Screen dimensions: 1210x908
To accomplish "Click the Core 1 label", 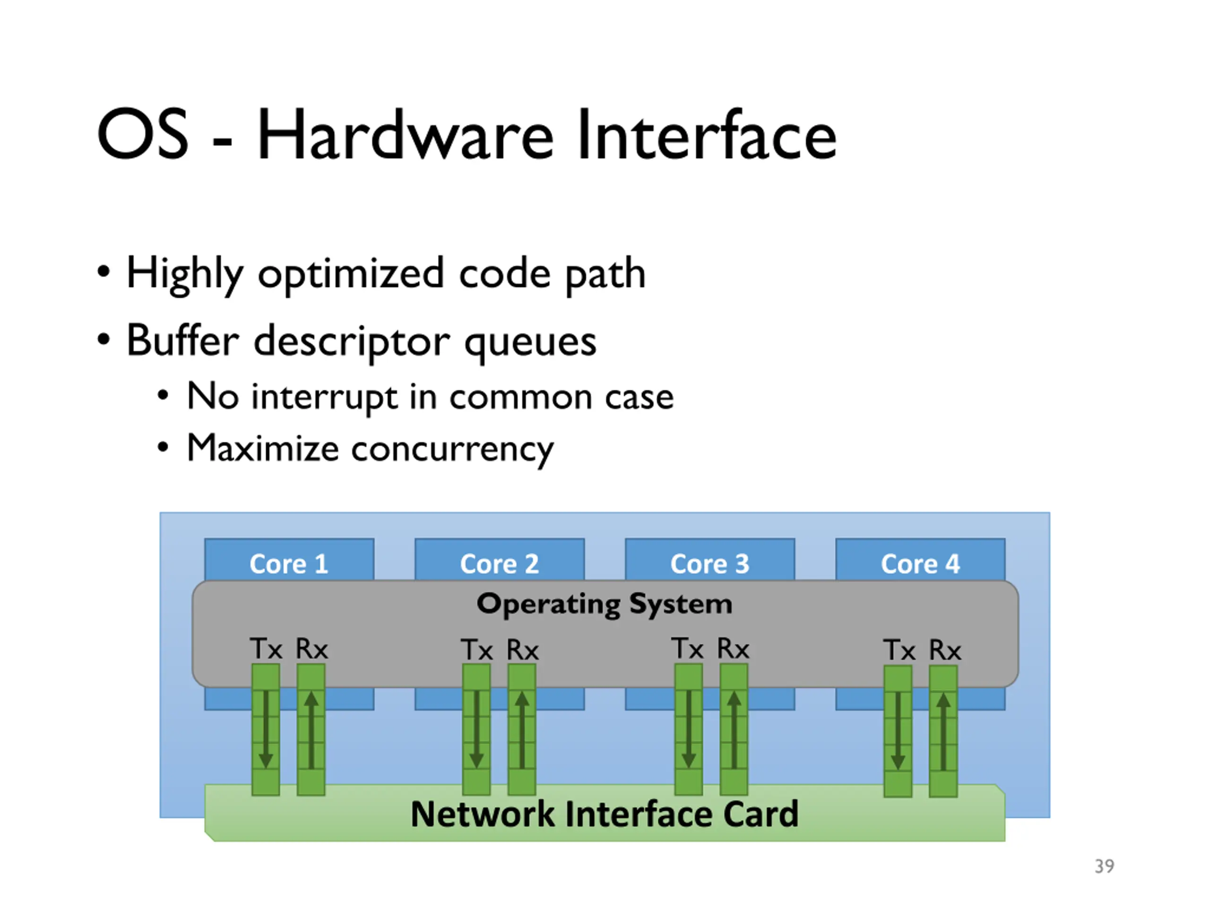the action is tap(289, 564).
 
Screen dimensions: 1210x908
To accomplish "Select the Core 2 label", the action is tap(500, 564).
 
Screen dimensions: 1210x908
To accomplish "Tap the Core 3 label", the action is tap(709, 564).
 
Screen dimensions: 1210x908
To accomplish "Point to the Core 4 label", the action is tap(920, 564).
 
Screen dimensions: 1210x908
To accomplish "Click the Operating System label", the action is tap(605, 604).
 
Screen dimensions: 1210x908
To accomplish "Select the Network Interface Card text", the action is tap(605, 814).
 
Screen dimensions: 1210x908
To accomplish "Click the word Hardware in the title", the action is tap(406, 135).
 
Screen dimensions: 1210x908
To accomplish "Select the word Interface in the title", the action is tap(707, 135).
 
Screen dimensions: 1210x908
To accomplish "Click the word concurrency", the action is tap(452, 450).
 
